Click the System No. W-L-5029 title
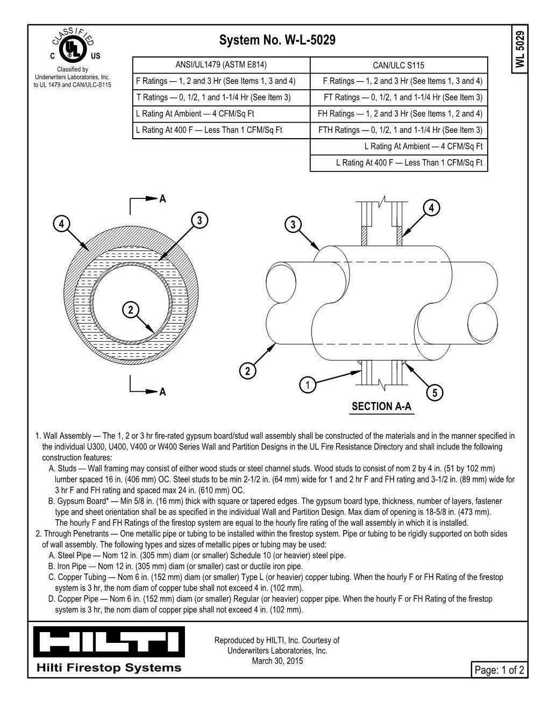pyautogui.click(x=277, y=40)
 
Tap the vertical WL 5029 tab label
pyautogui.click(x=519, y=49)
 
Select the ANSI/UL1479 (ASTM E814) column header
pyautogui.click(x=221, y=65)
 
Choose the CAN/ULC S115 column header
pyautogui.click(x=398, y=66)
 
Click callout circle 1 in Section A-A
pyautogui.click(x=307, y=385)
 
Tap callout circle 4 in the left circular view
pyautogui.click(x=62, y=224)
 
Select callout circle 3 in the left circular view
pyautogui.click(x=200, y=220)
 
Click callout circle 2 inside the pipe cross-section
pyautogui.click(x=130, y=310)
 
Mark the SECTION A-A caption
pyautogui.click(x=381, y=406)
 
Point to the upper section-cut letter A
pyautogui.click(x=162, y=199)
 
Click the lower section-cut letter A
pyautogui.click(x=162, y=392)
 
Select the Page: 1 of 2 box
pyautogui.click(x=498, y=670)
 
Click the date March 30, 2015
pyautogui.click(x=277, y=661)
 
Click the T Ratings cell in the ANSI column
pyautogui.click(x=221, y=98)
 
